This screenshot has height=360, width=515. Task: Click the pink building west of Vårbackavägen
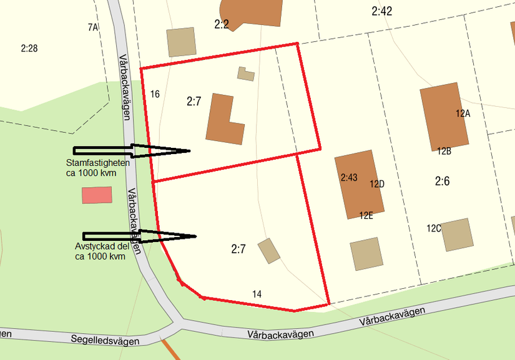coord(97,195)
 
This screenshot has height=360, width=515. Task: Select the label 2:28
coord(29,48)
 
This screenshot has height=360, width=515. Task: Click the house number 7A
coord(93,27)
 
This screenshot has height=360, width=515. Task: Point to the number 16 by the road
coord(155,94)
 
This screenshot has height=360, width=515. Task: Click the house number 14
coord(257,294)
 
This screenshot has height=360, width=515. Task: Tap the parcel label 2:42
coord(381,11)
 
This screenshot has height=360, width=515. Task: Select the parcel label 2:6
coord(443,181)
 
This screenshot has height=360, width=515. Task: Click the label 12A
coord(463,114)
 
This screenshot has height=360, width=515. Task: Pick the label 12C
coord(434,228)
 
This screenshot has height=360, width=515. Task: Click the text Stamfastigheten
coord(98,163)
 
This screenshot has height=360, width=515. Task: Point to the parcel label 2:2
coord(222,24)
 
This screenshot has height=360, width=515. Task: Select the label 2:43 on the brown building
coord(349,178)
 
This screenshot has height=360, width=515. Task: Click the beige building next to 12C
coord(456,235)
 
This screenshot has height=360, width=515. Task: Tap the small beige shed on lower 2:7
coord(269,250)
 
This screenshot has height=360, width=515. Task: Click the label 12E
coord(366,215)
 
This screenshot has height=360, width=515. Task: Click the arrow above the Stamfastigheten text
coord(131,150)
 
